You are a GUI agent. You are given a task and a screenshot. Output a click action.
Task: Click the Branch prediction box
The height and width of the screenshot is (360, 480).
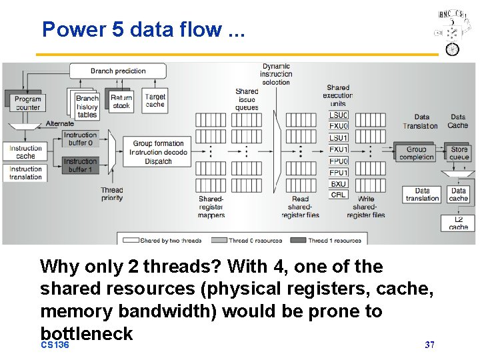[x=118, y=71]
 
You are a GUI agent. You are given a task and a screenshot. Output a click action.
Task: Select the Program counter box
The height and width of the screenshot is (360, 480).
[x=27, y=103]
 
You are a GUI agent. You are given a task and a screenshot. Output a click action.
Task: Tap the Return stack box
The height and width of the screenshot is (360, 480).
[x=121, y=101]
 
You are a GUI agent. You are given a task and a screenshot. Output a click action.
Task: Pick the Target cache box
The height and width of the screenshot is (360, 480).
[x=155, y=101]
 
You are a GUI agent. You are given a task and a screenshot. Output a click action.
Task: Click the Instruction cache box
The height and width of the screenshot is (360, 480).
[x=26, y=152]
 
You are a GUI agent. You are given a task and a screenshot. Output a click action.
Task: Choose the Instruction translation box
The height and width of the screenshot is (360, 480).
[x=26, y=173]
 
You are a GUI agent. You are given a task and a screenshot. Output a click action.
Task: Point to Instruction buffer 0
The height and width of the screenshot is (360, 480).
[x=81, y=139]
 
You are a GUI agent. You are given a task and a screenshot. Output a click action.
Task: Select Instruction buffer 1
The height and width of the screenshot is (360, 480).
[x=81, y=165]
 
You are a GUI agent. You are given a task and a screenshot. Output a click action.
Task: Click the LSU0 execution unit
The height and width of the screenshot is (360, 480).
[x=339, y=115]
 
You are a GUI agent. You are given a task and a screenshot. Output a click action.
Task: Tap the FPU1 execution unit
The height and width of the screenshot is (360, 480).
[x=339, y=172]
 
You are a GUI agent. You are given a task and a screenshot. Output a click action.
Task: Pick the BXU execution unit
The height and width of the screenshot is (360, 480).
[x=339, y=183]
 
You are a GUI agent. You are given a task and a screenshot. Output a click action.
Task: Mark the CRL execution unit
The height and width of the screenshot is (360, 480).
[x=339, y=195]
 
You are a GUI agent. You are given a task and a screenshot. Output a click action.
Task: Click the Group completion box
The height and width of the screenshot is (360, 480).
[x=416, y=153]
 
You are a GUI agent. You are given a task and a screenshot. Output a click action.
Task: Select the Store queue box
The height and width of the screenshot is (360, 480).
[x=459, y=153]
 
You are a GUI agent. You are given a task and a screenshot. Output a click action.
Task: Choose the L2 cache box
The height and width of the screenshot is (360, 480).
[x=458, y=223]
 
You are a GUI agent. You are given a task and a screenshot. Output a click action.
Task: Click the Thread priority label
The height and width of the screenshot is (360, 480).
[x=112, y=194]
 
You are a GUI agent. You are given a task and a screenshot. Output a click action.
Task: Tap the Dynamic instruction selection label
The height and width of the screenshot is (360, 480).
[x=276, y=74]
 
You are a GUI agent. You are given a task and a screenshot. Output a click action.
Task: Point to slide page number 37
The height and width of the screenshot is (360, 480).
[x=430, y=345]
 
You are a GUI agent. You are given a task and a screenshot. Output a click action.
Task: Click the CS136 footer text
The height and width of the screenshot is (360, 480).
[x=55, y=345]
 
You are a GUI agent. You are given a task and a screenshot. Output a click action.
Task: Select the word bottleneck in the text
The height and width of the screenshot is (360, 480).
[x=87, y=333]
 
